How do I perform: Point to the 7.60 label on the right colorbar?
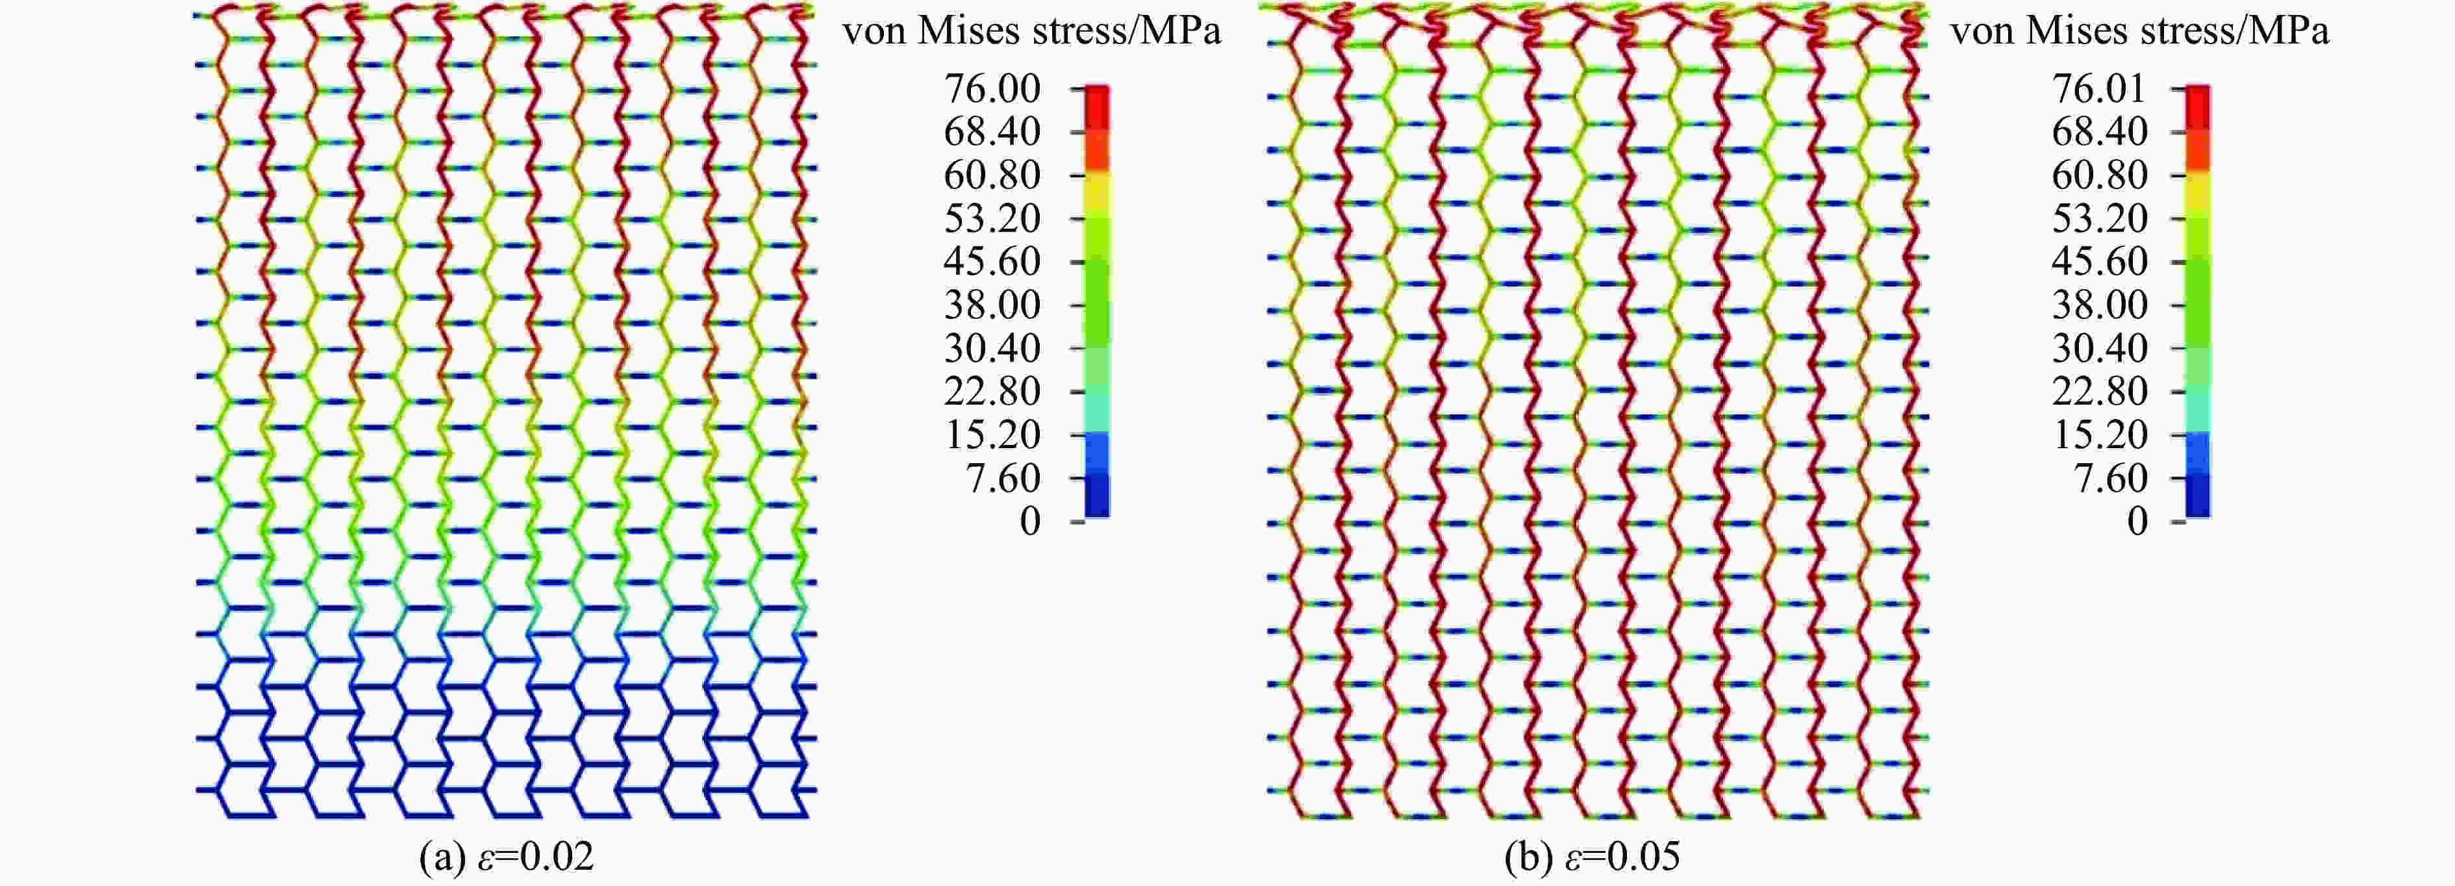2110,478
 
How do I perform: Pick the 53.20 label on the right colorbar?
2100,219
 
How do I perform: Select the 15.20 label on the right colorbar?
2100,435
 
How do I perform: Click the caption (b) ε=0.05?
1592,857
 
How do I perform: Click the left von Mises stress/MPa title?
1031,31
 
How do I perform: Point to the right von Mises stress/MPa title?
2139,31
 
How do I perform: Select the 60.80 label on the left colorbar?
992,175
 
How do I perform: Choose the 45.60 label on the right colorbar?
2100,262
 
